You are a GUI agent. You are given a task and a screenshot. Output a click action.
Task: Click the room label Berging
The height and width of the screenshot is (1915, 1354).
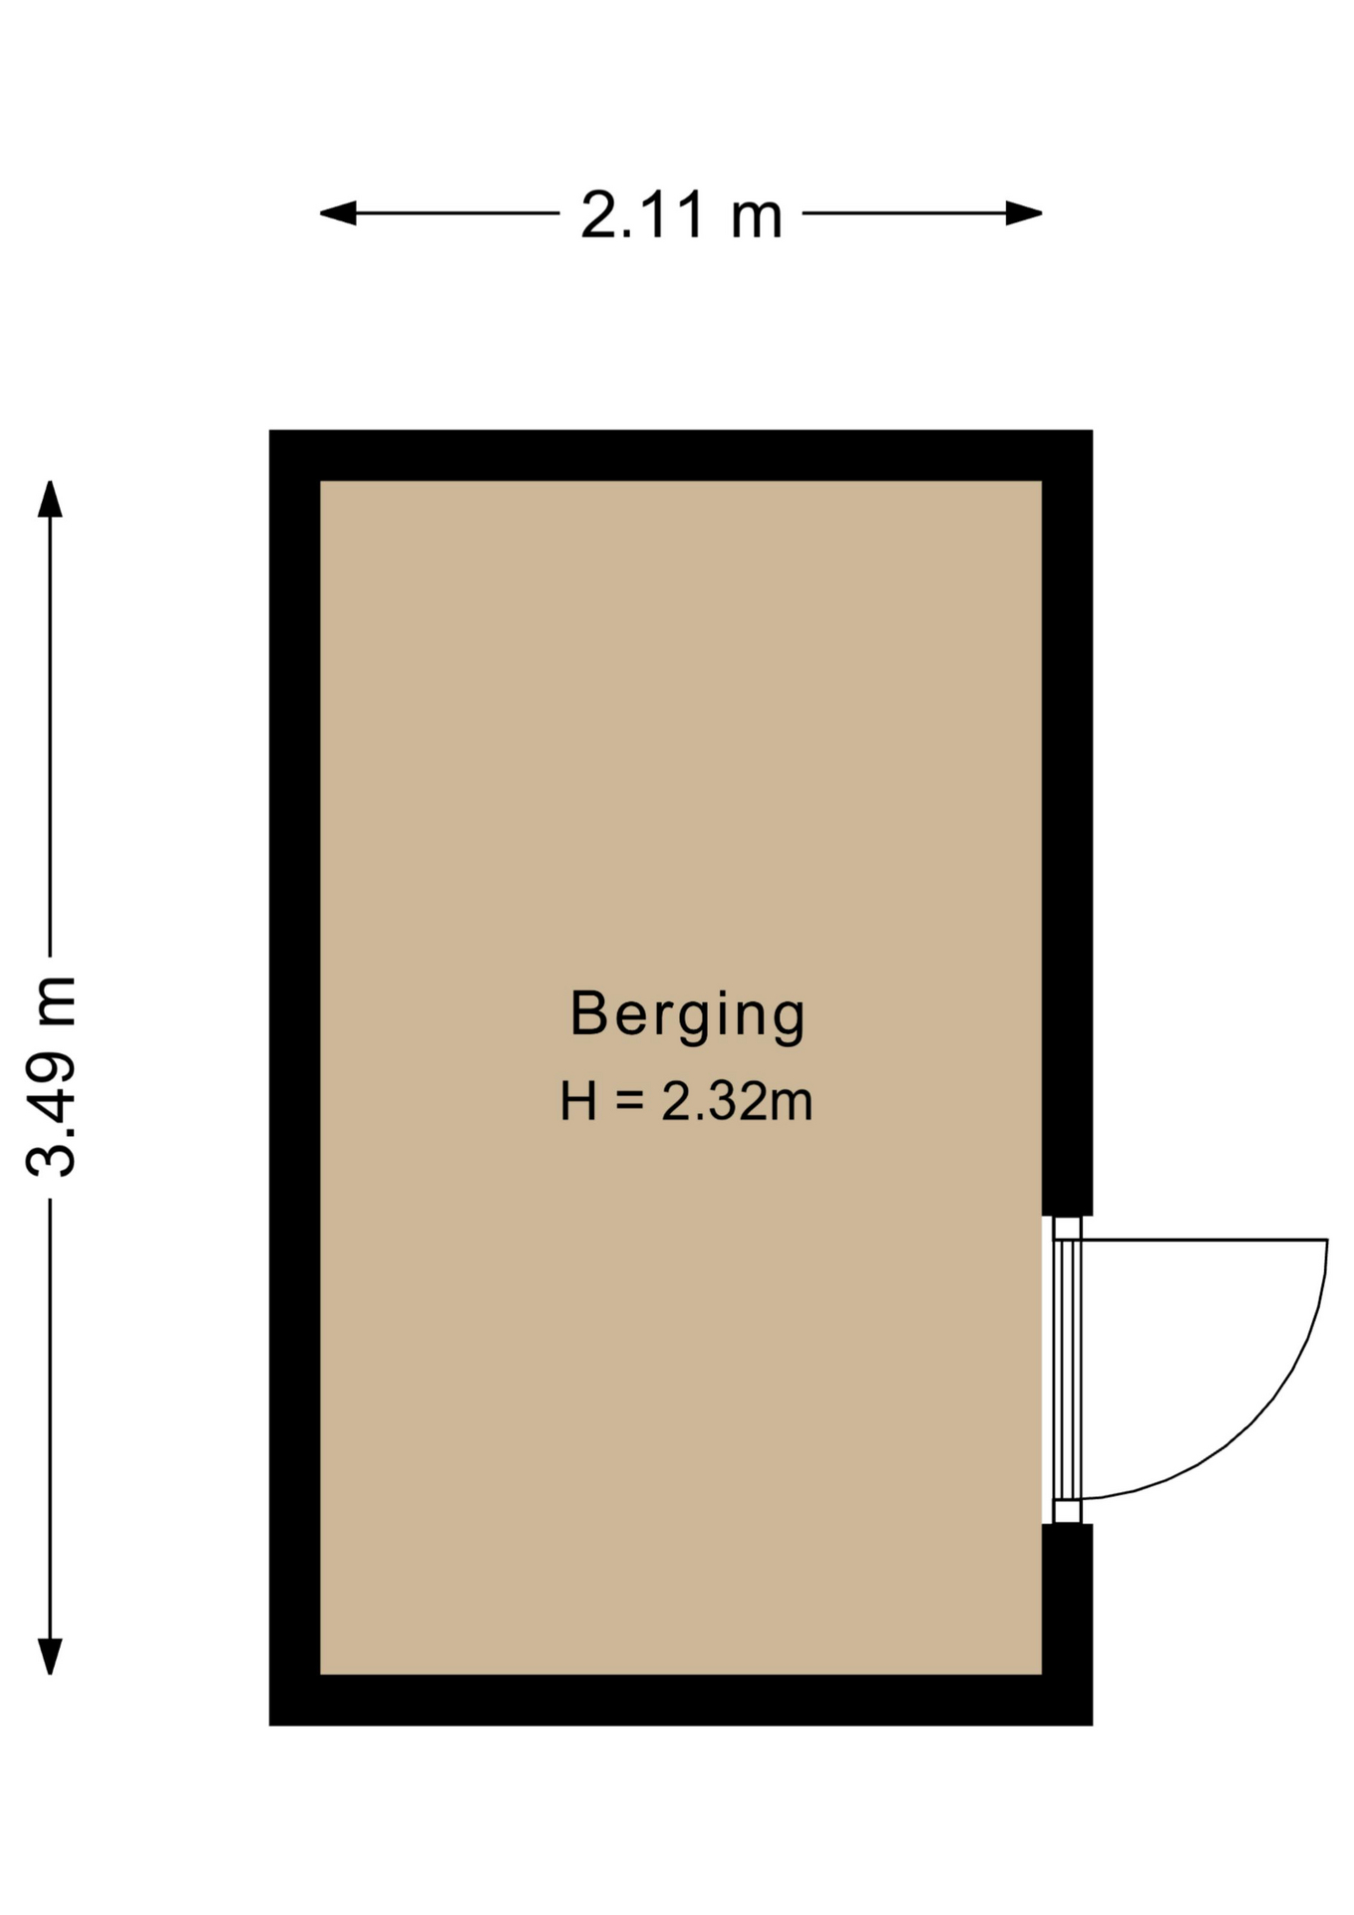(687, 1015)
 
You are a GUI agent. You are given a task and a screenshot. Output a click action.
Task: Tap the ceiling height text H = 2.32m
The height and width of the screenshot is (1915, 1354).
(686, 1102)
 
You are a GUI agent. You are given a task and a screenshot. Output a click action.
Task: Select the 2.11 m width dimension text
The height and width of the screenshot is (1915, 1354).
(681, 214)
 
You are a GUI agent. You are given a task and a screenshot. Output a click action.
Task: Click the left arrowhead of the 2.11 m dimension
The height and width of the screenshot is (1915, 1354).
(337, 212)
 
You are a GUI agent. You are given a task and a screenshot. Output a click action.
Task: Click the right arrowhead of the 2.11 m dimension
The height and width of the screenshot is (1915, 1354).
(1024, 212)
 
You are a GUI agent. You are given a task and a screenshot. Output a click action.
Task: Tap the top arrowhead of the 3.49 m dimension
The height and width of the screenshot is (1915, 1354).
(50, 499)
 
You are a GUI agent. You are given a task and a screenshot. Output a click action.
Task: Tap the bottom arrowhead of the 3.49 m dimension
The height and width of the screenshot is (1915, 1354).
(50, 1657)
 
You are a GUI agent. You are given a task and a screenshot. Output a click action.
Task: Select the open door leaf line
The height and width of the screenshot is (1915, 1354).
(1204, 1240)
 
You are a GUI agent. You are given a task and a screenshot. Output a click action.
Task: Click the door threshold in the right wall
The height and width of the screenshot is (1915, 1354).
(1067, 1369)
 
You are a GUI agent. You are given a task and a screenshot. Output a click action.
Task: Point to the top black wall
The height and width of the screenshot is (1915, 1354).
(681, 456)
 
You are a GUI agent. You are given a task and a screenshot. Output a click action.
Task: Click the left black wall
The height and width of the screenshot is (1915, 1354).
(295, 1077)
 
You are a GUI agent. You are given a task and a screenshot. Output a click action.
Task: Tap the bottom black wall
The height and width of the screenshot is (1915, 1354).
(681, 1700)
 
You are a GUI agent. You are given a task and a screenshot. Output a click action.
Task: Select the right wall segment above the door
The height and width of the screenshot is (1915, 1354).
(1067, 823)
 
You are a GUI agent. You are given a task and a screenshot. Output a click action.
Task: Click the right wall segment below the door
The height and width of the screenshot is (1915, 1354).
(1067, 1624)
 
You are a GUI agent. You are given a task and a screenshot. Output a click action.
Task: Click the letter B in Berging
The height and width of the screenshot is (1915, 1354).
(588, 1012)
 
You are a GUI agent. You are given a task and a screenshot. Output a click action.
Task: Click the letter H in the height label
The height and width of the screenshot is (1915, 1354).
(578, 1102)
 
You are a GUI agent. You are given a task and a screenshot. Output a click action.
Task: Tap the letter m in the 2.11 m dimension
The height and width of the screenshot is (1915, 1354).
(757, 220)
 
